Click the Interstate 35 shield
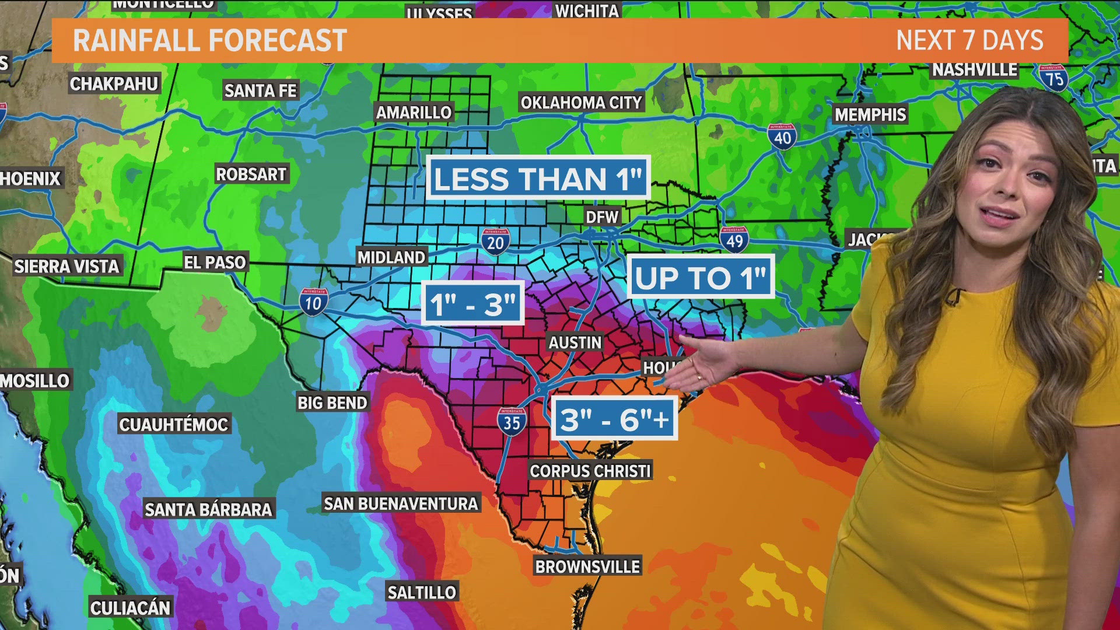pyautogui.click(x=512, y=421)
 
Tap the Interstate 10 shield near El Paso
pyautogui.click(x=313, y=302)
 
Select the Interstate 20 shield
pyautogui.click(x=495, y=242)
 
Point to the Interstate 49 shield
pyautogui.click(x=734, y=239)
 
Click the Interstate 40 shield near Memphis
pyautogui.click(x=782, y=136)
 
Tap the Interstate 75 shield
pyautogui.click(x=1053, y=78)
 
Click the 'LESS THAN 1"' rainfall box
pyautogui.click(x=538, y=178)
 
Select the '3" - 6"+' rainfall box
pyautogui.click(x=614, y=419)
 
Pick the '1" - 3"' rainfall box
pyautogui.click(x=473, y=303)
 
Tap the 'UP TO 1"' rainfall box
pyautogui.click(x=701, y=277)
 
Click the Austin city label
pyautogui.click(x=575, y=342)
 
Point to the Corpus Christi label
pyautogui.click(x=590, y=471)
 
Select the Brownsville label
pyautogui.click(x=587, y=566)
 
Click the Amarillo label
pyautogui.click(x=414, y=113)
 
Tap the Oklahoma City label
pyautogui.click(x=581, y=103)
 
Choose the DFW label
pyautogui.click(x=601, y=217)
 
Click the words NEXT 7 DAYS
pyautogui.click(x=970, y=41)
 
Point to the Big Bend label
pyautogui.click(x=332, y=402)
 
